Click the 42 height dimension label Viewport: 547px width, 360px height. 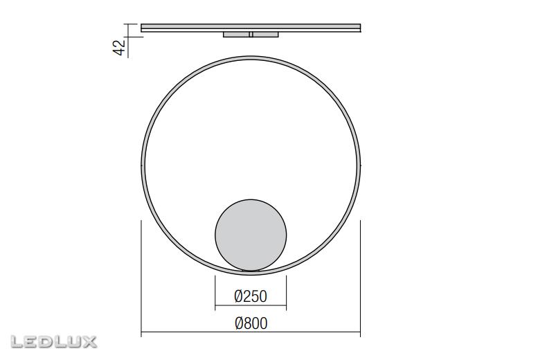click(x=119, y=47)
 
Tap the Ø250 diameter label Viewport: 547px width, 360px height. click(x=251, y=296)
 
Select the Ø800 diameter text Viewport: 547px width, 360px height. click(x=251, y=323)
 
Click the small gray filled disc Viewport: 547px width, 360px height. click(x=251, y=234)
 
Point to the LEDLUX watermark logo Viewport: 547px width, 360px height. click(x=54, y=341)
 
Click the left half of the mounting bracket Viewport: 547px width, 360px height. click(x=237, y=34)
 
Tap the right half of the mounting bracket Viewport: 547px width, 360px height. click(x=265, y=34)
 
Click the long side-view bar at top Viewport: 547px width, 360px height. click(x=251, y=28)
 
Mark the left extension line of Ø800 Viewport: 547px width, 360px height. click(x=141, y=277)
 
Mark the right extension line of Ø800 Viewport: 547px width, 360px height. click(x=361, y=277)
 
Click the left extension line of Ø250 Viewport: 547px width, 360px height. click(x=215, y=291)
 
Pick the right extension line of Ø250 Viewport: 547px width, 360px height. click(x=286, y=291)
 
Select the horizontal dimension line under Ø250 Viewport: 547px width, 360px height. click(x=251, y=307)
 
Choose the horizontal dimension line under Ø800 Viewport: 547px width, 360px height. click(x=251, y=334)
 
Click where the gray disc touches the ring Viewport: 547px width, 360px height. click(x=251, y=270)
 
